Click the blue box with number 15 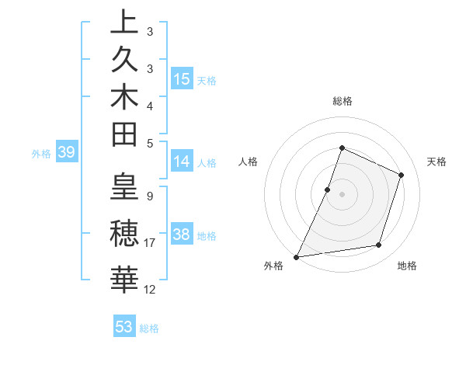(x=182, y=79)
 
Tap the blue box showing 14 (x=182, y=162)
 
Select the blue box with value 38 (x=182, y=235)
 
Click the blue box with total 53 (x=123, y=327)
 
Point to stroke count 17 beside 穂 (x=149, y=243)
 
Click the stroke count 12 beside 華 (x=150, y=290)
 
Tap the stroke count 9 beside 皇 (x=149, y=196)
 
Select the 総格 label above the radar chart (x=343, y=101)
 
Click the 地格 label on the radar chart (x=407, y=266)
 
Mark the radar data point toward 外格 (x=297, y=256)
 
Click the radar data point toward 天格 (x=402, y=175)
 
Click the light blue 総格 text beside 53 (x=149, y=328)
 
